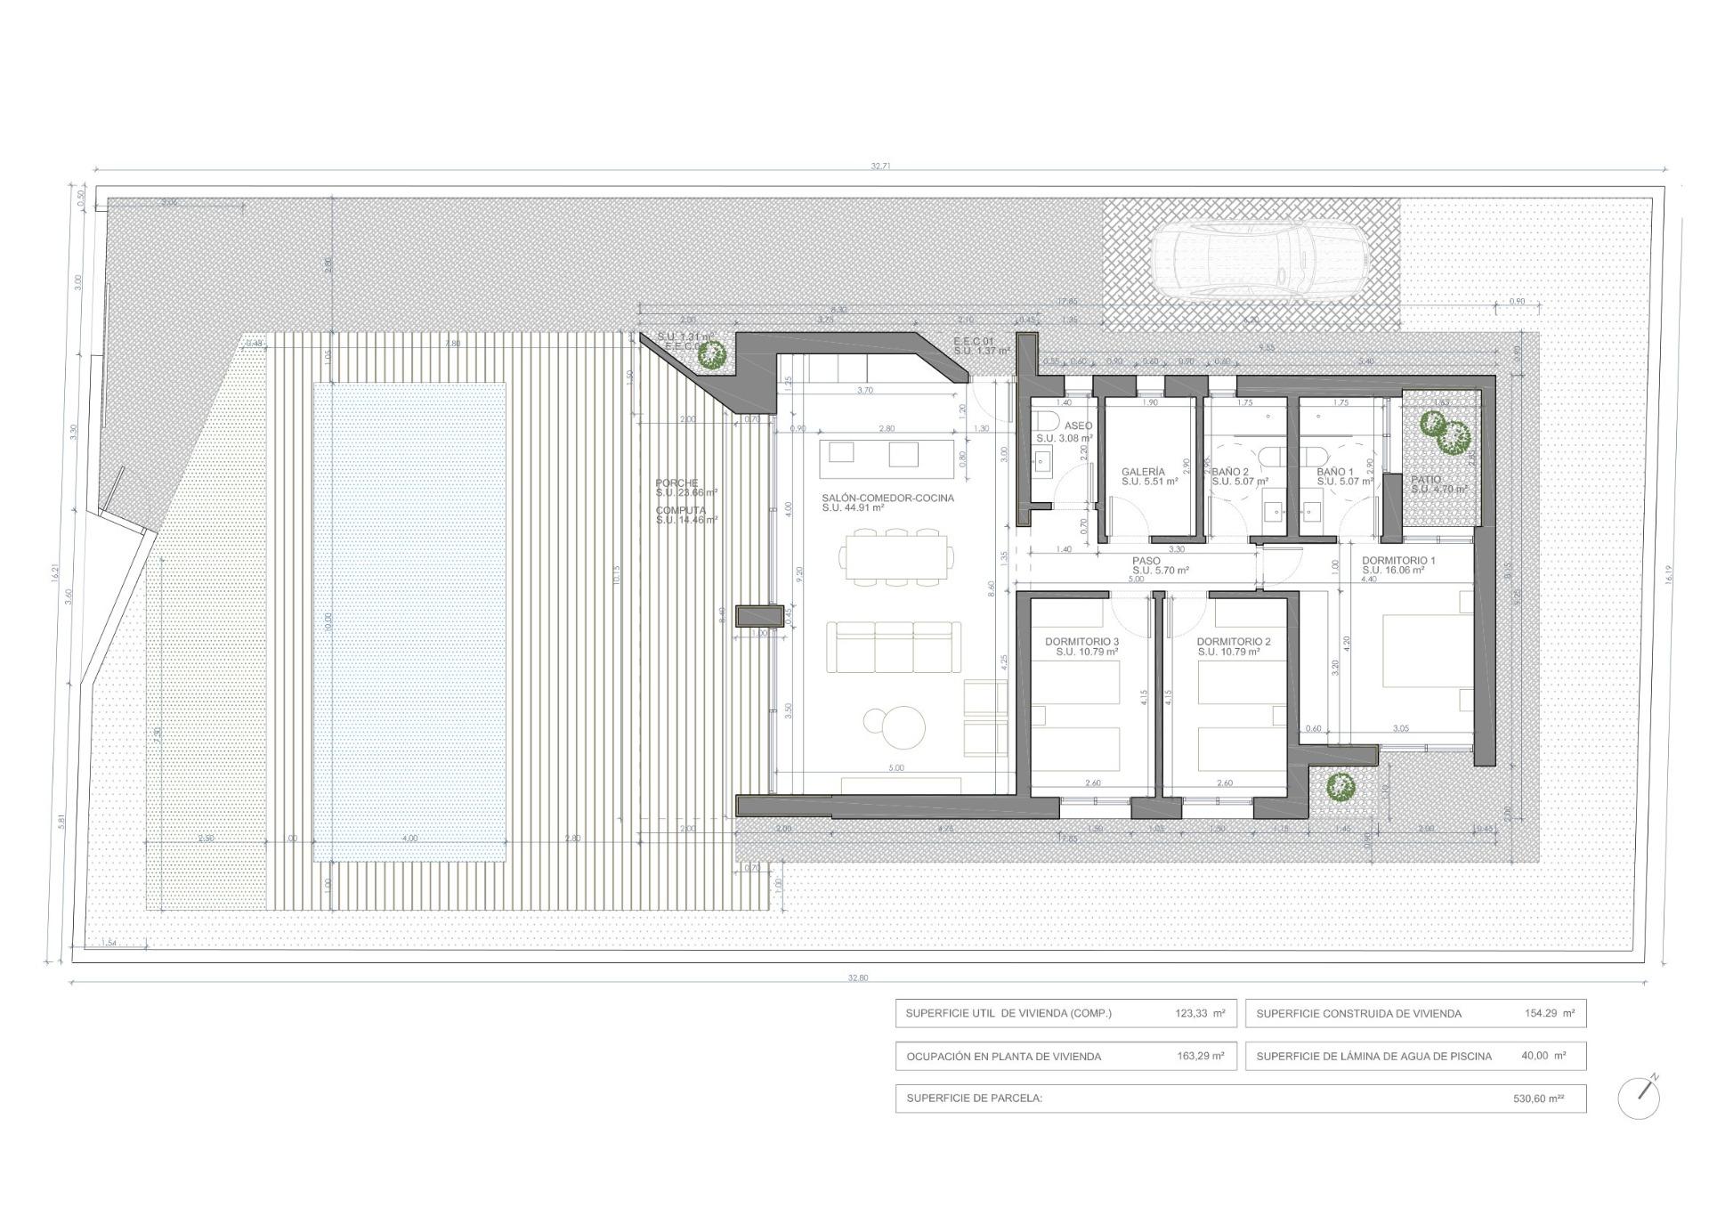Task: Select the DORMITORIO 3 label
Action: [1081, 642]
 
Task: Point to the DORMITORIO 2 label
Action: [1233, 642]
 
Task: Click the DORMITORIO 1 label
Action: [1398, 561]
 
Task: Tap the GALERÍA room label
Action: [1143, 472]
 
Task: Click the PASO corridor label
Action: [1146, 561]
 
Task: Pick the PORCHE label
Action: [676, 483]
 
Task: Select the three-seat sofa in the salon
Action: [894, 646]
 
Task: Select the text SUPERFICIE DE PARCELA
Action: [974, 1099]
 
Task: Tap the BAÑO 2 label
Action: [1230, 472]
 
